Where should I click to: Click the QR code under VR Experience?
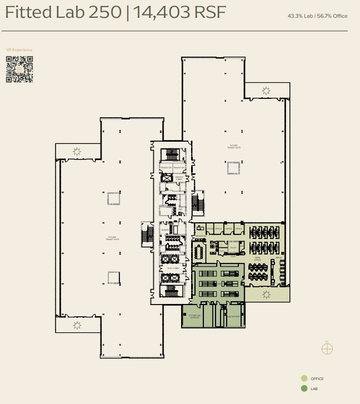pos(19,69)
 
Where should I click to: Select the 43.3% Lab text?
pos(300,16)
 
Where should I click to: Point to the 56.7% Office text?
pos(332,16)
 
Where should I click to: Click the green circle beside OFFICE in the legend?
pos(304,378)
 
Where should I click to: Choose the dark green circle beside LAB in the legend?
pos(304,388)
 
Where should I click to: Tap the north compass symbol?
pos(327,348)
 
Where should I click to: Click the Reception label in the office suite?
pos(199,236)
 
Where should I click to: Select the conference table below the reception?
pos(199,252)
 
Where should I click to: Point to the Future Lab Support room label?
pos(194,316)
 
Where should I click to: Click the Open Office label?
pos(257,258)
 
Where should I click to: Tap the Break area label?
pos(278,258)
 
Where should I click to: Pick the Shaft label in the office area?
pos(234,248)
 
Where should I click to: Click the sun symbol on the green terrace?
pos(266,294)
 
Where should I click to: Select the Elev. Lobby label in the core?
pos(172,268)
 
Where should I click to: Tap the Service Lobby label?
pos(179,178)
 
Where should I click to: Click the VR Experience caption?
pos(19,50)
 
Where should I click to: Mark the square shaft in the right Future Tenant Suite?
pos(233,168)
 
